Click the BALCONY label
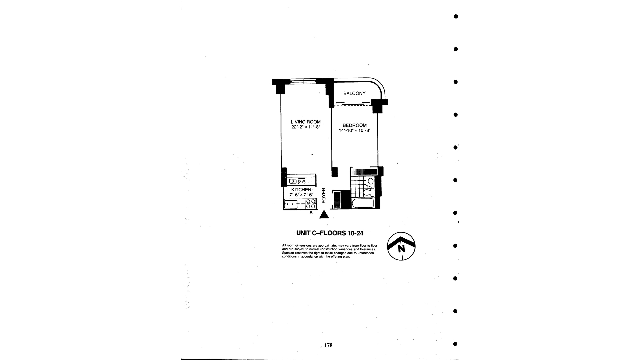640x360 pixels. tap(354, 94)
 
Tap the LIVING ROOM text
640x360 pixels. tap(305, 122)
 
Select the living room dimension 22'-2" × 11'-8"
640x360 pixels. tap(305, 127)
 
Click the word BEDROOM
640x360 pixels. tap(354, 125)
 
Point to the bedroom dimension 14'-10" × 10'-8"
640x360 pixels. tap(355, 131)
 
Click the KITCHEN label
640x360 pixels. tap(301, 190)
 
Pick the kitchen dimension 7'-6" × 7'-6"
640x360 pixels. tap(301, 195)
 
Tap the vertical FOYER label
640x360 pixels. tap(324, 195)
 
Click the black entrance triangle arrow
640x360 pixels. tap(324, 215)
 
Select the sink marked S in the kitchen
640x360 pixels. tap(293, 181)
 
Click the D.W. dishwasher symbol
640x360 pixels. tap(301, 181)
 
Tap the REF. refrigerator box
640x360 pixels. tap(291, 204)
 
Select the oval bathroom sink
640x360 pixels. tap(370, 181)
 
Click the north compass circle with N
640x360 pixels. tap(401, 246)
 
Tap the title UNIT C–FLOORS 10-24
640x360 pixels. tap(330, 233)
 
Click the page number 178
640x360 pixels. tap(328, 345)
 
